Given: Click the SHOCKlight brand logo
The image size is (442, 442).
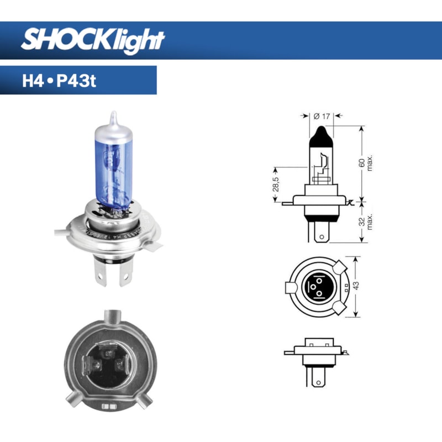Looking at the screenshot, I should pos(93,40).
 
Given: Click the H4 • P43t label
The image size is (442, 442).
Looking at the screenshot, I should pos(60,81).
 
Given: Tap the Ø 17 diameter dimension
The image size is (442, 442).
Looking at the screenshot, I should pos(321,116).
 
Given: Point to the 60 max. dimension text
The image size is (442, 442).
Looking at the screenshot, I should pos(365,164).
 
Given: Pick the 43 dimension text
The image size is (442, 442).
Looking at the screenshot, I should pos(356,287).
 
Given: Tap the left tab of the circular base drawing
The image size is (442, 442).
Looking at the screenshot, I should pos(290,288).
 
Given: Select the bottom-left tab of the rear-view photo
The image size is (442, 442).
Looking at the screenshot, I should pos(73,402).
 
